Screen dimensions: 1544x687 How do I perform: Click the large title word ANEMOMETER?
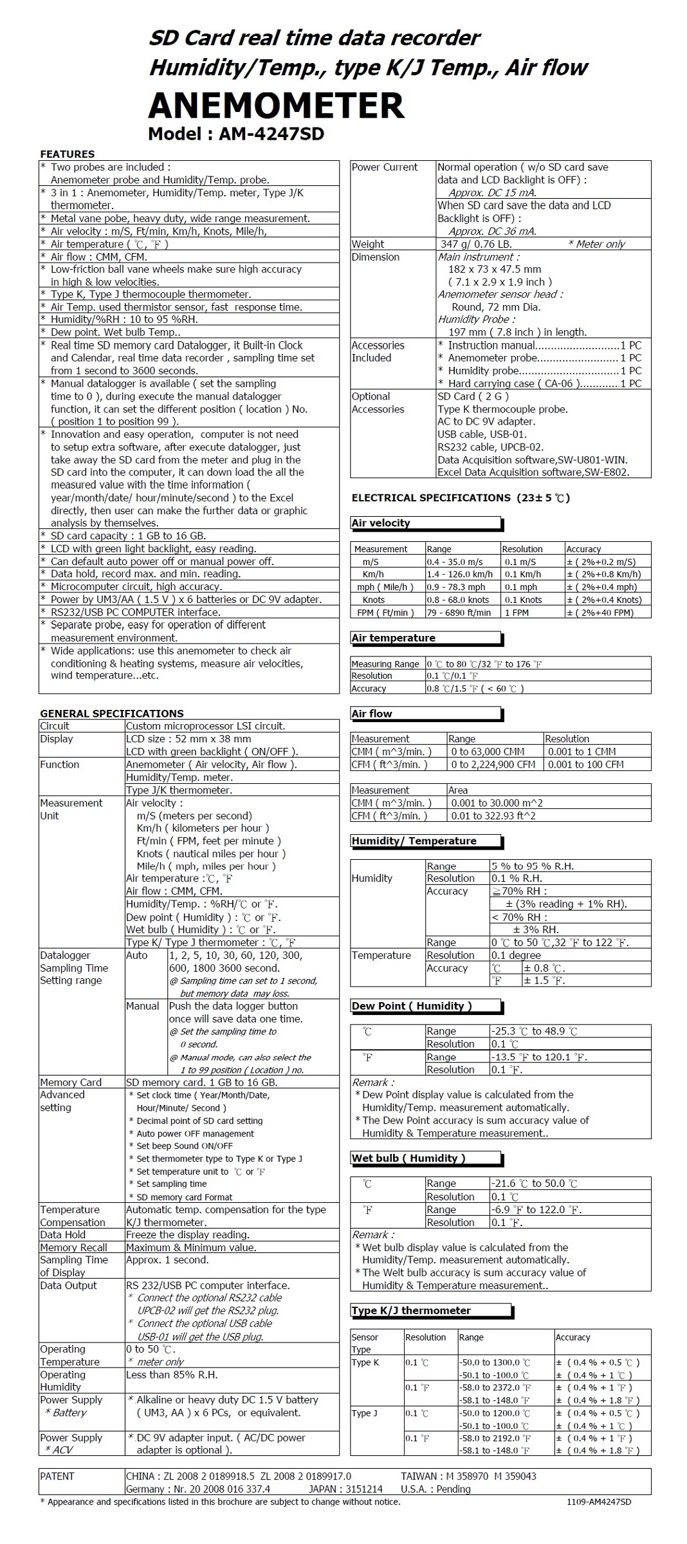(x=276, y=106)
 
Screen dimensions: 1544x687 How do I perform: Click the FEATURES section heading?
(x=67, y=154)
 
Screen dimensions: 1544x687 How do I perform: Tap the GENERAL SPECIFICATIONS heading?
(x=111, y=713)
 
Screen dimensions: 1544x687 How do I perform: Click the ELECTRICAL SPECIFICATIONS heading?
(x=461, y=498)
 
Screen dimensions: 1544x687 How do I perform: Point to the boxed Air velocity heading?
(x=381, y=523)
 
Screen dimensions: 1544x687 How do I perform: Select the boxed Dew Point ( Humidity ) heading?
(x=412, y=1006)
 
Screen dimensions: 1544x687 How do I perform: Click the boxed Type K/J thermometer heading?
(x=411, y=1310)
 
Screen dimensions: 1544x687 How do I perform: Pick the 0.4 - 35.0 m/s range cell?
(x=455, y=562)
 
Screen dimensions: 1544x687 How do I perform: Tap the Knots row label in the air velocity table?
(x=374, y=600)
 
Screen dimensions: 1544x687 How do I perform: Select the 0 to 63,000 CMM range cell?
(x=488, y=752)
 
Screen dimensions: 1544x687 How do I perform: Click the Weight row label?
(x=368, y=244)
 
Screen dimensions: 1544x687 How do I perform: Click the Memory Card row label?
(x=71, y=1083)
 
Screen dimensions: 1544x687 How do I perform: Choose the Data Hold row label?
(x=62, y=1234)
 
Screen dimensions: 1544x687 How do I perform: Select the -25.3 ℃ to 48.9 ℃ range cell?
(x=534, y=1031)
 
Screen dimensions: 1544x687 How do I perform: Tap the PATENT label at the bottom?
(x=57, y=1476)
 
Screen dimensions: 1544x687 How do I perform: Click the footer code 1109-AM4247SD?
(x=599, y=1502)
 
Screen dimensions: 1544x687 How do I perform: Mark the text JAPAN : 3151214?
(x=345, y=1489)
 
